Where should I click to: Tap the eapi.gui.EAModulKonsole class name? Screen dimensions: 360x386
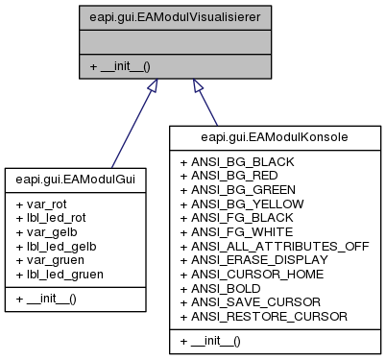tap(275, 137)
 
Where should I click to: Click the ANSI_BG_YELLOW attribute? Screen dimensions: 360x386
tap(248, 204)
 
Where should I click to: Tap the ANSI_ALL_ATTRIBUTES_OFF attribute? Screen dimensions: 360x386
tap(274, 246)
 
